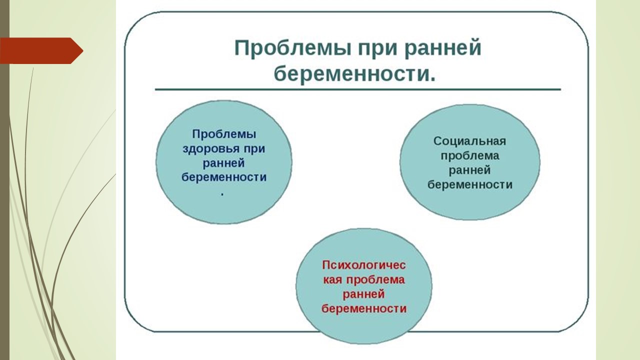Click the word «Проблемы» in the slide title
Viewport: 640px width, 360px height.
[292, 48]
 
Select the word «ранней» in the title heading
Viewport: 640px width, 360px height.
[443, 48]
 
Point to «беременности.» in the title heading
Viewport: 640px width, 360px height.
[355, 73]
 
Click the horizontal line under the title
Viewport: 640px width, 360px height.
[357, 89]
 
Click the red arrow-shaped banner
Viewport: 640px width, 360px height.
[41, 50]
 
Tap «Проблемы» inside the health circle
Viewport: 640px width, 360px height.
[224, 134]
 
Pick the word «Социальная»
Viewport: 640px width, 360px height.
[469, 141]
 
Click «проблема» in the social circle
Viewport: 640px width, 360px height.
[470, 156]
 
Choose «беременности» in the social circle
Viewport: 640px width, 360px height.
[470, 184]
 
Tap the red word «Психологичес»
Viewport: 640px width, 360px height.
[363, 265]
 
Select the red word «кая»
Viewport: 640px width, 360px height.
[332, 279]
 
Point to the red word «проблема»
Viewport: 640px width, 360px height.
[375, 279]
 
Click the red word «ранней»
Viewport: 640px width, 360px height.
[363, 294]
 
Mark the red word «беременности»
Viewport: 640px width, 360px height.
[363, 308]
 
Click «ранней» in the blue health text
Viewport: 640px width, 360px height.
[223, 163]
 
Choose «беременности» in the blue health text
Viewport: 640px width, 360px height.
[224, 177]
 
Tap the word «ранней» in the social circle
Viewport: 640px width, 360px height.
[469, 170]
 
